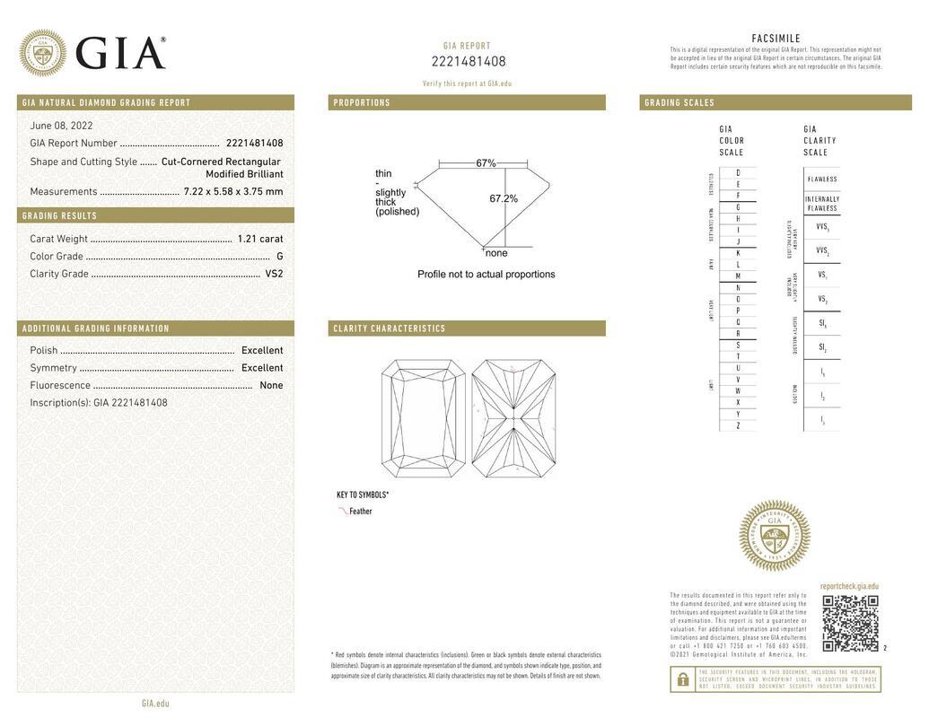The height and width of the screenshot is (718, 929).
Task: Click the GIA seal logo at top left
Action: (x=42, y=52)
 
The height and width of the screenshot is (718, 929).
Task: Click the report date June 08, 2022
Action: (x=61, y=126)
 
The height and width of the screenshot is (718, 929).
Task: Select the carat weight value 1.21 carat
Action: (x=259, y=239)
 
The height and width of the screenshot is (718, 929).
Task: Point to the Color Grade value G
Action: (x=279, y=257)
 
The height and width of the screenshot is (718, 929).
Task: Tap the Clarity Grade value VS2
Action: (x=274, y=274)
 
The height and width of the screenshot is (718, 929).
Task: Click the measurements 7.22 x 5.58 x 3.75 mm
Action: (x=232, y=191)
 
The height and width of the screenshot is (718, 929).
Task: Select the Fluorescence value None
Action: (x=271, y=385)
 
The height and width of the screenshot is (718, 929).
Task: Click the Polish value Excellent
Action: (x=261, y=350)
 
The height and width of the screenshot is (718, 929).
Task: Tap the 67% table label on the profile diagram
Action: (x=486, y=163)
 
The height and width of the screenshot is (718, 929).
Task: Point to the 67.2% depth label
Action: (x=503, y=198)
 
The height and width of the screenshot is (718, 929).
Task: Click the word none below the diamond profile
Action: (x=496, y=253)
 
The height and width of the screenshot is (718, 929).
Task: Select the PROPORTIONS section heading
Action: (x=362, y=102)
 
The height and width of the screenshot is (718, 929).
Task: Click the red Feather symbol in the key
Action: (x=343, y=511)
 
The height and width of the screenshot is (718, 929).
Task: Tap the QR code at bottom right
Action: (x=849, y=623)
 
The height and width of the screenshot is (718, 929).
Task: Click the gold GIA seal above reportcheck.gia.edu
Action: (x=774, y=536)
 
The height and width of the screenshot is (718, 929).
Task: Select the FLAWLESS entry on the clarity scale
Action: (x=821, y=179)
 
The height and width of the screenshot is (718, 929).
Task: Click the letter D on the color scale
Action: (x=738, y=172)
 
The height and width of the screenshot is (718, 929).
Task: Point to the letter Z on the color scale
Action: (x=738, y=425)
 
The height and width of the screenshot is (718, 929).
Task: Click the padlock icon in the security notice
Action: (x=682, y=679)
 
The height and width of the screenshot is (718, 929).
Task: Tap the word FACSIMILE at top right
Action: (x=776, y=39)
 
